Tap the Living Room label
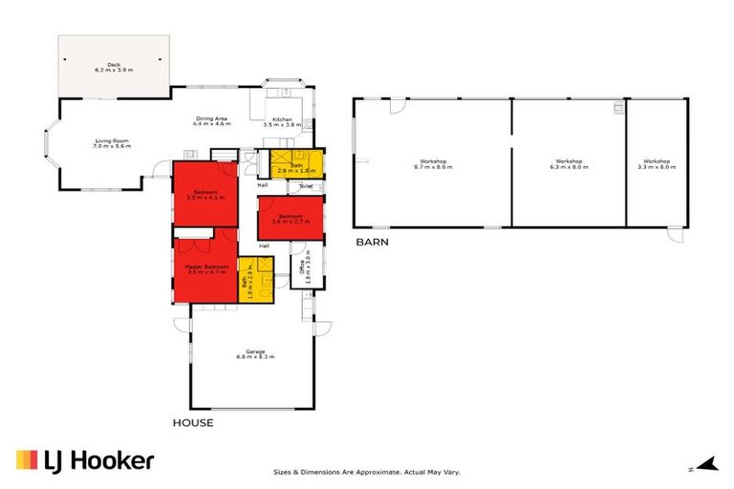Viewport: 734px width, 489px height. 111,144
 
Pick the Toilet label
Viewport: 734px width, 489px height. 306,186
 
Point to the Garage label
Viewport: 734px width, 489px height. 255,354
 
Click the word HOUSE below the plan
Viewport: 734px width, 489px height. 192,422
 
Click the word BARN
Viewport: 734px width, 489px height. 371,242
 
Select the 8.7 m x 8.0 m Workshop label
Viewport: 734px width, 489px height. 433,164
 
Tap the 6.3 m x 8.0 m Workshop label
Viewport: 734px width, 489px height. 570,164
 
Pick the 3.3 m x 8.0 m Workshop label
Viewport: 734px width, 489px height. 657,164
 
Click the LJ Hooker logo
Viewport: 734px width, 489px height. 84,461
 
